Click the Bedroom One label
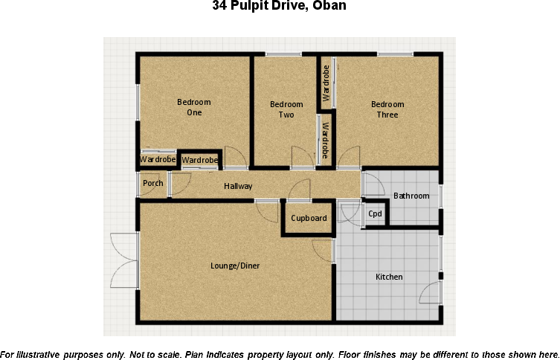[x=194, y=108]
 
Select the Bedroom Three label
[x=387, y=109]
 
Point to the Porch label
[x=153, y=184]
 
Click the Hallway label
[x=238, y=187]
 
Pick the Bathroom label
[x=411, y=196]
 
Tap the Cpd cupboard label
[x=376, y=214]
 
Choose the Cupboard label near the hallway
[x=309, y=219]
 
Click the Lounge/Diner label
[x=235, y=266]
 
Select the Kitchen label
[x=389, y=277]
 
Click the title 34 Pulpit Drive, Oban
[x=279, y=7]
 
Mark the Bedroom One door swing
[x=234, y=157]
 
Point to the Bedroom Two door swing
[x=302, y=158]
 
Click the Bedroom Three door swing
[x=348, y=158]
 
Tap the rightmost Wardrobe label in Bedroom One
[x=200, y=161]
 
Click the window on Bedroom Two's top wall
[x=283, y=54]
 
